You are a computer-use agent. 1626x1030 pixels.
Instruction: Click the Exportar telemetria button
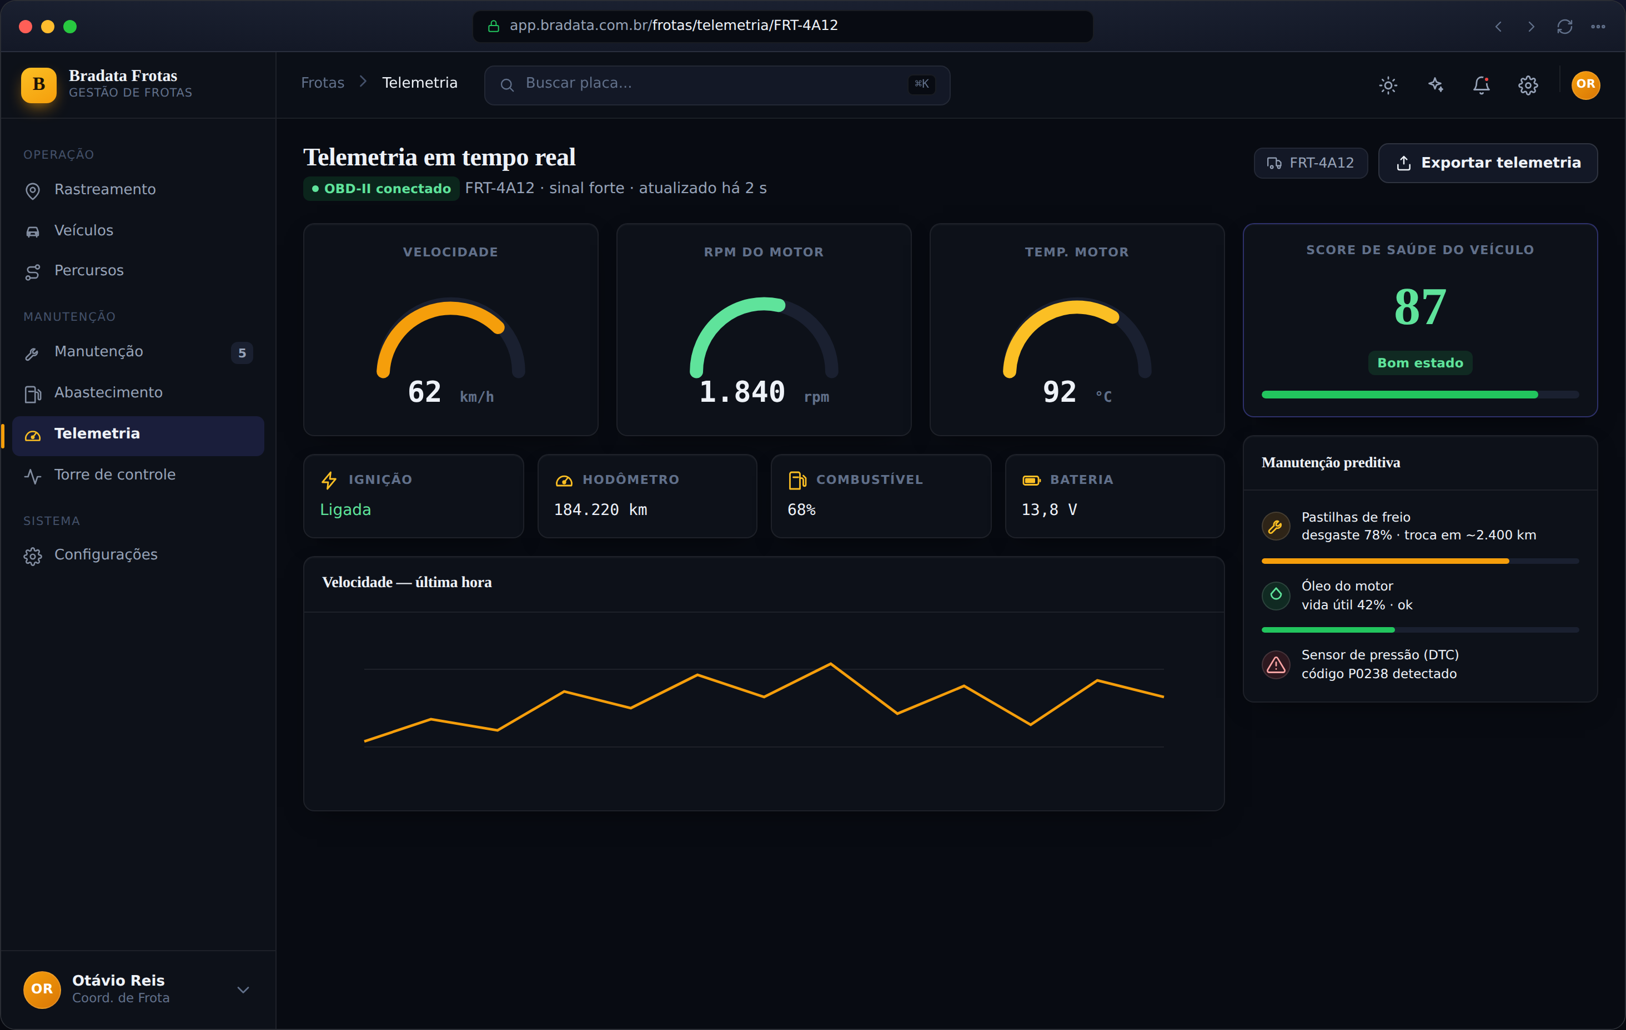1488,163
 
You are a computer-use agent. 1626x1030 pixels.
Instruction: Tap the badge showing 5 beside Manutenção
242,353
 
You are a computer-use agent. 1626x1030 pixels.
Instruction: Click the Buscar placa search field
717,84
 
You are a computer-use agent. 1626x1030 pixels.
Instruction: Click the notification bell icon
1481,84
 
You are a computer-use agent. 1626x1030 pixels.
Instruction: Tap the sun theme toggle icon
1388,84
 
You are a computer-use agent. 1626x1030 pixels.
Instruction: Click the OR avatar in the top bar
1585,84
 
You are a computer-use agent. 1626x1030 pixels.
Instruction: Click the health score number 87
1420,307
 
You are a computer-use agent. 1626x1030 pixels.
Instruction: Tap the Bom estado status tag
1420,363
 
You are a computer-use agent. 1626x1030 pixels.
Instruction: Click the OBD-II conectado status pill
382,188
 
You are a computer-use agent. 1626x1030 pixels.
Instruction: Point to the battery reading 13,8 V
1050,510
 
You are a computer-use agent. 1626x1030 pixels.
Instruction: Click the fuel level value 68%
801,510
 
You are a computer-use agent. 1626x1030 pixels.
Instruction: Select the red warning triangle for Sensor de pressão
1276,665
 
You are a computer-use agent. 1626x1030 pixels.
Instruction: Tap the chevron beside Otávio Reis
243,989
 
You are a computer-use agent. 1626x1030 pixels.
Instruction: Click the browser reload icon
1564,26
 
